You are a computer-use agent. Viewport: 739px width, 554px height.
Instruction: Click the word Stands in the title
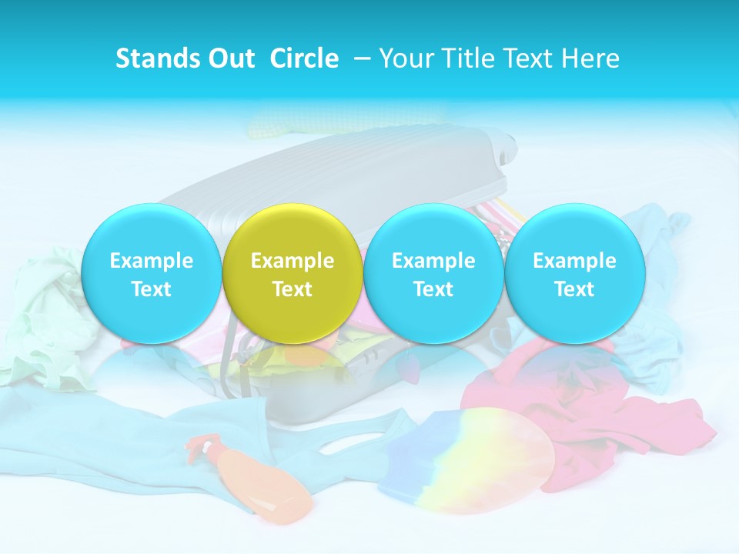(x=158, y=58)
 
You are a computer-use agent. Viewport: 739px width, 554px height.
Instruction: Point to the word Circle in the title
(x=304, y=58)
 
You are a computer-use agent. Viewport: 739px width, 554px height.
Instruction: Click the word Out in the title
(x=230, y=58)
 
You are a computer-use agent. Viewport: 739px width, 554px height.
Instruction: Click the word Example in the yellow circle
(x=293, y=261)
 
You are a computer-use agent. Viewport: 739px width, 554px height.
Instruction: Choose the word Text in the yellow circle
(x=293, y=289)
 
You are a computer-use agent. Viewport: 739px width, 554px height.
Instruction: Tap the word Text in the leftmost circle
(x=151, y=289)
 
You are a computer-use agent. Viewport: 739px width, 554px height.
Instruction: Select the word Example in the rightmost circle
(x=574, y=261)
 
